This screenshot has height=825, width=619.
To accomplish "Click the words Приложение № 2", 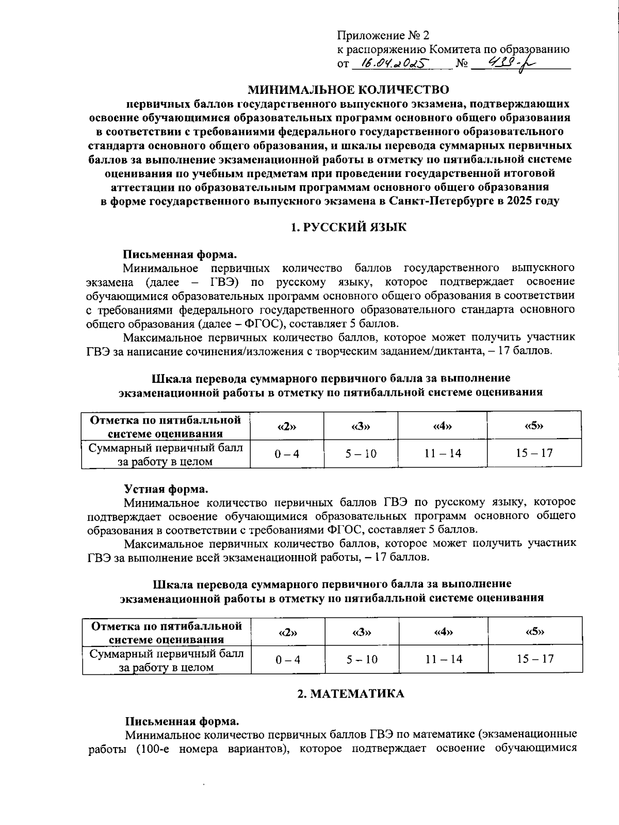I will pos(383,36).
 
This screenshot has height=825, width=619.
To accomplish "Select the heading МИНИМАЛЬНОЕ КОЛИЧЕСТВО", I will pos(349,90).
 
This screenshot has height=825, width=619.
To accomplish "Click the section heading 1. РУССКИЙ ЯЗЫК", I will pos(348,227).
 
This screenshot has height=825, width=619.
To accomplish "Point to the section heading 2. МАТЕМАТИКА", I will pos(351,693).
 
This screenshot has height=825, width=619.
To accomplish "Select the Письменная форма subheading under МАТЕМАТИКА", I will pos(181,720).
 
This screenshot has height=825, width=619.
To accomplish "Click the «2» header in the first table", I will pos(287,426).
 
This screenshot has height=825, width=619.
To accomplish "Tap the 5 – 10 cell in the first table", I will pos(361,454).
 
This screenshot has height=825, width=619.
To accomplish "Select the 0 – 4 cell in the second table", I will pos(288,659).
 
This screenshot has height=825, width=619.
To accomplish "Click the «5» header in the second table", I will pos(535,632).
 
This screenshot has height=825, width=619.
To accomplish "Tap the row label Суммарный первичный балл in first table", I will pos(166,448).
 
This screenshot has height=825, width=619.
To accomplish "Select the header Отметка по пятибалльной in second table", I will pos(167,626).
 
